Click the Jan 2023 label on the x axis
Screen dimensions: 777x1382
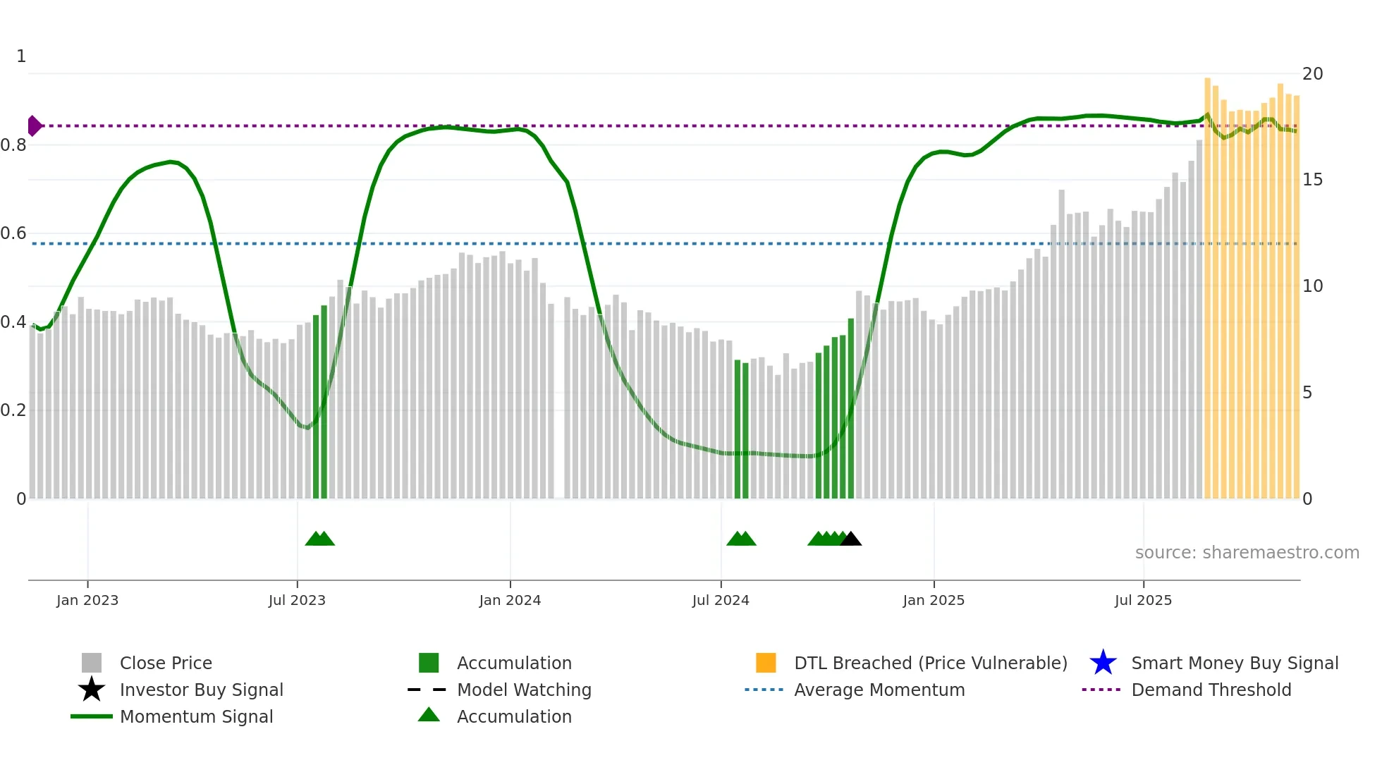click(87, 600)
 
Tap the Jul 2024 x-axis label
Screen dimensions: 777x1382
click(721, 600)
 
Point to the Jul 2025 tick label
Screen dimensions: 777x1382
click(1143, 600)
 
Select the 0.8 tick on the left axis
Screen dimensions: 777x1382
click(13, 145)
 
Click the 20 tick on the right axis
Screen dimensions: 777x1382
click(1312, 74)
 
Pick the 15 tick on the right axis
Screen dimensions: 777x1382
click(1312, 180)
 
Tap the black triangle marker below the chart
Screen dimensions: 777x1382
click(851, 539)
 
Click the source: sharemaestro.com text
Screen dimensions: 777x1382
click(1247, 553)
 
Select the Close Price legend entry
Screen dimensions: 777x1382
click(166, 663)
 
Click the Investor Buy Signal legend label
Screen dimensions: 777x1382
click(202, 690)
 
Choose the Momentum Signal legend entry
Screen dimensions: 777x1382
click(196, 716)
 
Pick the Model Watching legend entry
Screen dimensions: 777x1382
click(524, 690)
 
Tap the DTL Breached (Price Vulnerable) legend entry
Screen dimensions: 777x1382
click(930, 663)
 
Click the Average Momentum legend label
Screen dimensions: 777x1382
click(879, 690)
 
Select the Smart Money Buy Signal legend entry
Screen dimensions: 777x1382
click(1235, 663)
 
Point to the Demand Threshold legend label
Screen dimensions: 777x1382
click(1211, 690)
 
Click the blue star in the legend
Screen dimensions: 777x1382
click(1103, 663)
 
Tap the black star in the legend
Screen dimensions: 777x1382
click(92, 690)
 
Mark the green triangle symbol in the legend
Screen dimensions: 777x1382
click(429, 715)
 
